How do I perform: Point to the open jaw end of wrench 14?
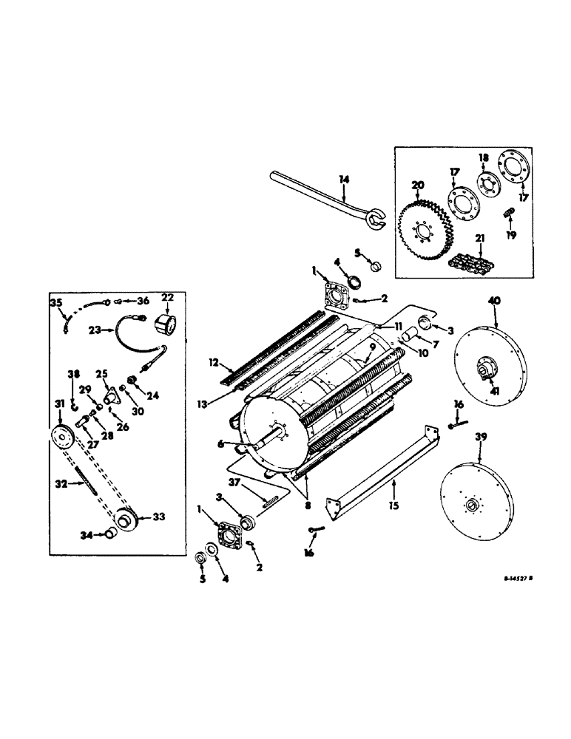pos(380,218)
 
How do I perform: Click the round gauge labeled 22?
pos(166,321)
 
